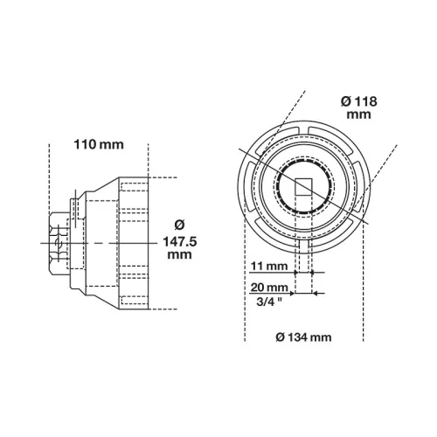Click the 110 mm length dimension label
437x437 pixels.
pyautogui.click(x=99, y=144)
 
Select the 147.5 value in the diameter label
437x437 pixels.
pyautogui.click(x=180, y=242)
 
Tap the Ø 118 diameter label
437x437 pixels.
pyautogui.click(x=359, y=101)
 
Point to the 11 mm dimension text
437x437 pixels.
pyautogui.click(x=269, y=266)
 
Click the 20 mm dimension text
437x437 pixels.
pyautogui.click(x=269, y=288)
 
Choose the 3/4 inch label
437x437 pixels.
pyautogui.click(x=269, y=302)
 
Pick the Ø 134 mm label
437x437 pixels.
pyautogui.click(x=303, y=337)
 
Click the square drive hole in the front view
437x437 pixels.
pyautogui.click(x=303, y=187)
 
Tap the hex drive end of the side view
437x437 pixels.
pyautogui.click(x=59, y=243)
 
